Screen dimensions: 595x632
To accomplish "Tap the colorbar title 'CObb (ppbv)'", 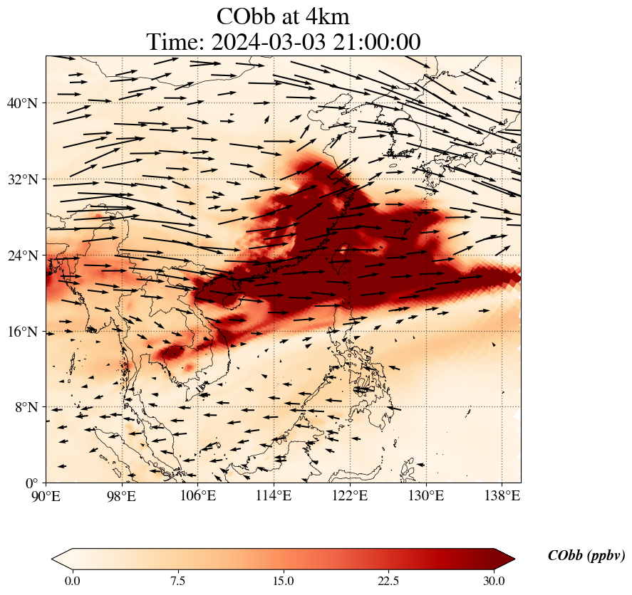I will tap(586, 556).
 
